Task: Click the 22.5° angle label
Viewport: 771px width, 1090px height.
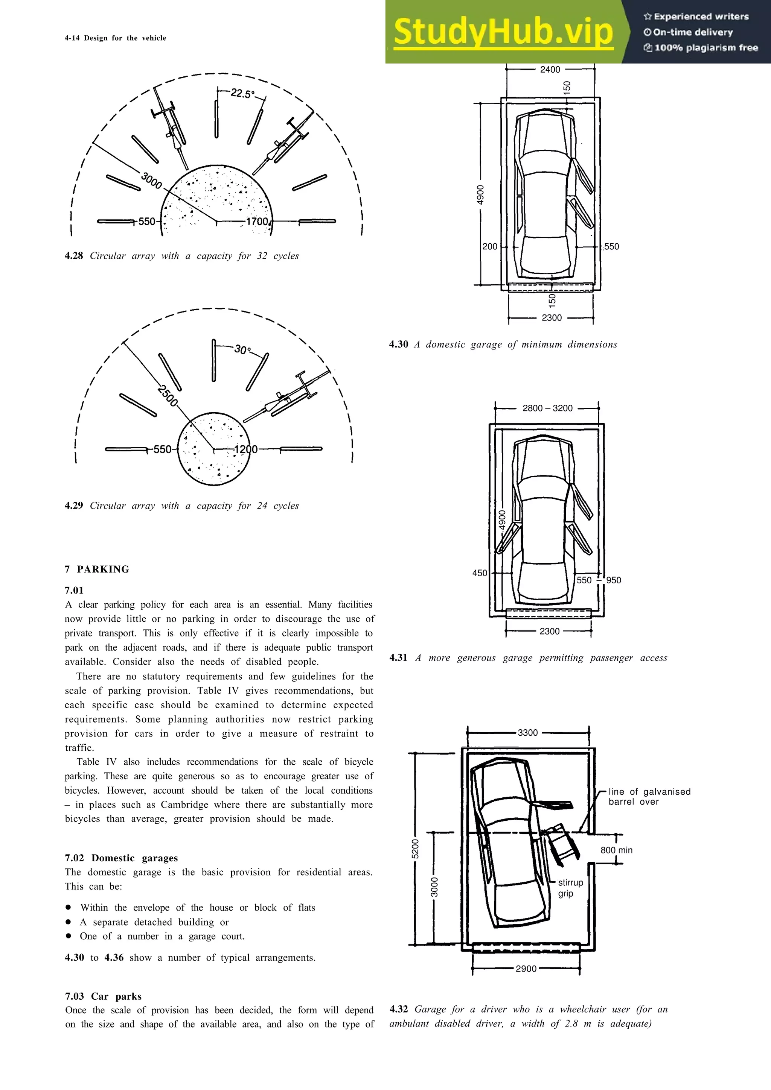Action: tap(242, 94)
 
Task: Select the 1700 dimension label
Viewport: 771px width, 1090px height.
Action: tap(257, 221)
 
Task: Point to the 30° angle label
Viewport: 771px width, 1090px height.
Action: tap(242, 350)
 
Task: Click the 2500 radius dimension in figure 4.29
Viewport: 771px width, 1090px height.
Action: tap(167, 396)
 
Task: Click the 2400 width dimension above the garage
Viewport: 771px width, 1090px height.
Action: tap(550, 69)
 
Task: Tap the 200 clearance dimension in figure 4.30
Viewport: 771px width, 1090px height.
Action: tap(490, 246)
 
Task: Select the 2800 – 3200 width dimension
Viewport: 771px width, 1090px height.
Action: tap(547, 408)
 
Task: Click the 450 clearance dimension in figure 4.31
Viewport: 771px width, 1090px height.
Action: tap(479, 573)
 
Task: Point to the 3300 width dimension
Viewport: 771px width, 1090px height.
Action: tap(528, 733)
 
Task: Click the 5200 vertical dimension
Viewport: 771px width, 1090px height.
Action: tap(415, 849)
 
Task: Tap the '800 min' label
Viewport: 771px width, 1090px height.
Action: tap(616, 850)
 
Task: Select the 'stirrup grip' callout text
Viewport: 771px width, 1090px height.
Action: tap(570, 888)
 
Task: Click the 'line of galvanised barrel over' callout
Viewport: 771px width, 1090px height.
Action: tap(649, 797)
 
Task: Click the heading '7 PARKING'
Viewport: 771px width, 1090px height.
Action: tap(97, 569)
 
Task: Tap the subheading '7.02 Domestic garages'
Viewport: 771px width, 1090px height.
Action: tap(121, 858)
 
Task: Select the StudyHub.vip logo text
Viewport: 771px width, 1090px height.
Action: tap(503, 31)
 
